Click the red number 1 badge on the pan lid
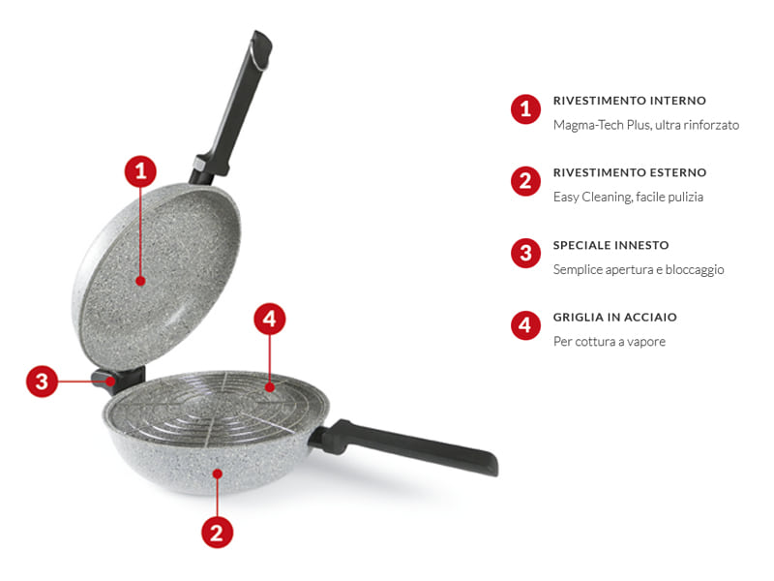point(140,172)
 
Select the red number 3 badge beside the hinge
point(41,381)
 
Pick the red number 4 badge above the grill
point(270,318)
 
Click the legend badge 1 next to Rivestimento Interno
point(525,109)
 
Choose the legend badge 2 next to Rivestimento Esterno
point(525,181)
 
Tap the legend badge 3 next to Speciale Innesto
point(525,254)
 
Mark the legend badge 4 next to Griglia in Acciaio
point(525,325)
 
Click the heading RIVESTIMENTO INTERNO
point(630,101)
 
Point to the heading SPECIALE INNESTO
point(610,245)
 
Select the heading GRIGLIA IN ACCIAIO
point(614,317)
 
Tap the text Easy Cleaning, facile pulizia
point(628,197)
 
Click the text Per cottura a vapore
point(609,342)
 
